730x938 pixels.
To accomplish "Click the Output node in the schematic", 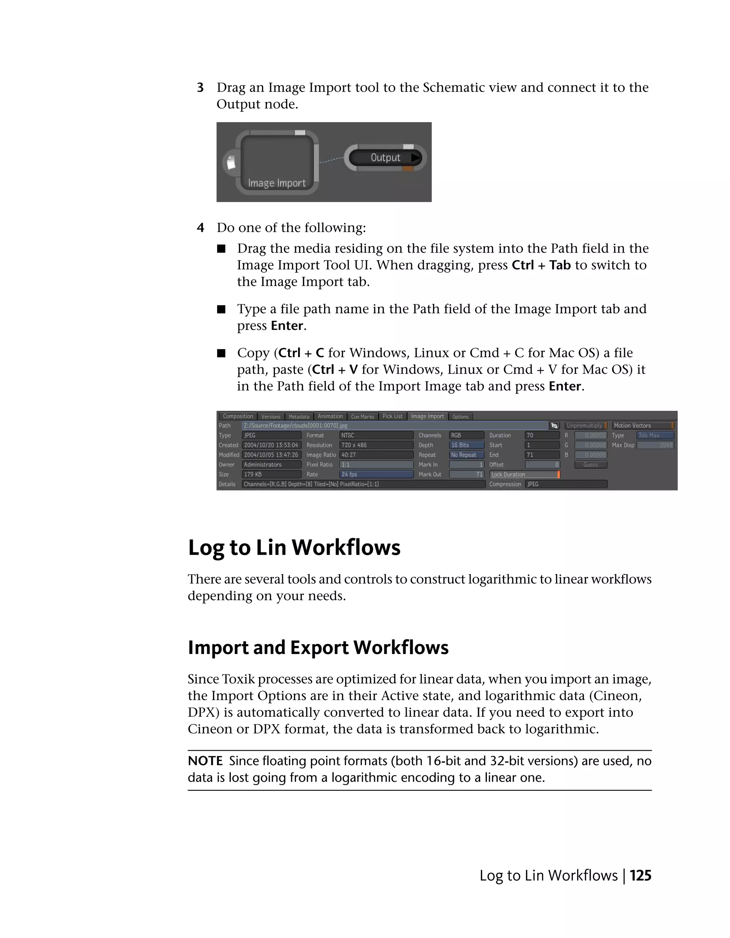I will tap(385, 157).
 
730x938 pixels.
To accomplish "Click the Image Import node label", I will tap(277, 183).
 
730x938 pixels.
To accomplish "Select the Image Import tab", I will tap(427, 416).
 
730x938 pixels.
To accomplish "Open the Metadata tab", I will tap(299, 416).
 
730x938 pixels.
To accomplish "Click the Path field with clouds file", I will tap(395, 426).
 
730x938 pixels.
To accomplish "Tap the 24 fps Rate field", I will tap(376, 475).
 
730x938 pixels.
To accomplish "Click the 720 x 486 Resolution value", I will tap(376, 445).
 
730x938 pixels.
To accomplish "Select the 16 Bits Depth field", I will tap(466, 445).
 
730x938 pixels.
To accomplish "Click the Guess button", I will tap(590, 465).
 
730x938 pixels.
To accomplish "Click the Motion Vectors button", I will tap(642, 426).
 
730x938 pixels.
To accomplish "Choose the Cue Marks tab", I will tap(362, 416).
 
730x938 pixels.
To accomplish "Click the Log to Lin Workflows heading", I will tap(294, 548).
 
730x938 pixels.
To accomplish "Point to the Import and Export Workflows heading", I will tap(318, 648).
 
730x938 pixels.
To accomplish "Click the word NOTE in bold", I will tap(205, 761).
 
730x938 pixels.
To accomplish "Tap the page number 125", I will tap(640, 876).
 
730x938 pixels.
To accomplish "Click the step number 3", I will tap(200, 88).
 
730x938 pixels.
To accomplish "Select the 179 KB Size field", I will tap(271, 475).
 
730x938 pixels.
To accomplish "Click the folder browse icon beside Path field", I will tap(554, 426).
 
